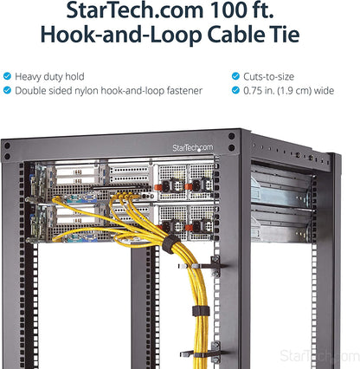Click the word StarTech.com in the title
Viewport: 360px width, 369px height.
135,10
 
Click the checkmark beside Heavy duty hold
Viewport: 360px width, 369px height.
7,76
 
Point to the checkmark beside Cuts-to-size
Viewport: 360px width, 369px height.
235,76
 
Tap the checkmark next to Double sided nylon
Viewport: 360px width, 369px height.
7,90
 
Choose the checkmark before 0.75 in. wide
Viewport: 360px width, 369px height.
235,90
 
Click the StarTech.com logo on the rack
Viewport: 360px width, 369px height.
193,148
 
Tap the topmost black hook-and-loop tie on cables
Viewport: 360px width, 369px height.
170,244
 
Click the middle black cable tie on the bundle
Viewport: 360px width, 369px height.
201,311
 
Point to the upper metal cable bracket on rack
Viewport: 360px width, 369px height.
202,265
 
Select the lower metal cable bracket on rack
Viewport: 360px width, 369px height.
203,353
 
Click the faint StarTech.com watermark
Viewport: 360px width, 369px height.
319,356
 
